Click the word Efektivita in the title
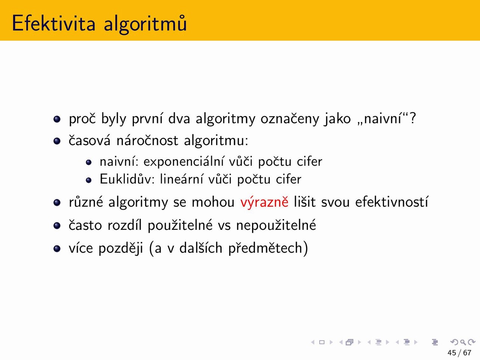[x=54, y=23]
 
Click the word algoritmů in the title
[x=145, y=24]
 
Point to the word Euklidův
[x=127, y=179]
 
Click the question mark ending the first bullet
[x=412, y=118]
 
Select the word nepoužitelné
[x=276, y=225]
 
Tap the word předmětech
[x=265, y=248]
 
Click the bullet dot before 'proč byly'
[x=57, y=119]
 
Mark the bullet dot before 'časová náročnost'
[x=57, y=141]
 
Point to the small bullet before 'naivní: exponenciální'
[x=88, y=162]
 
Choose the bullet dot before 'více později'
[x=57, y=249]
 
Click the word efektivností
[x=391, y=201]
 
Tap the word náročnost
[x=147, y=140]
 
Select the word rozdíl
[x=124, y=225]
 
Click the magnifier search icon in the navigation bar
[x=463, y=342]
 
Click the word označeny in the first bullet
[x=290, y=119]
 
